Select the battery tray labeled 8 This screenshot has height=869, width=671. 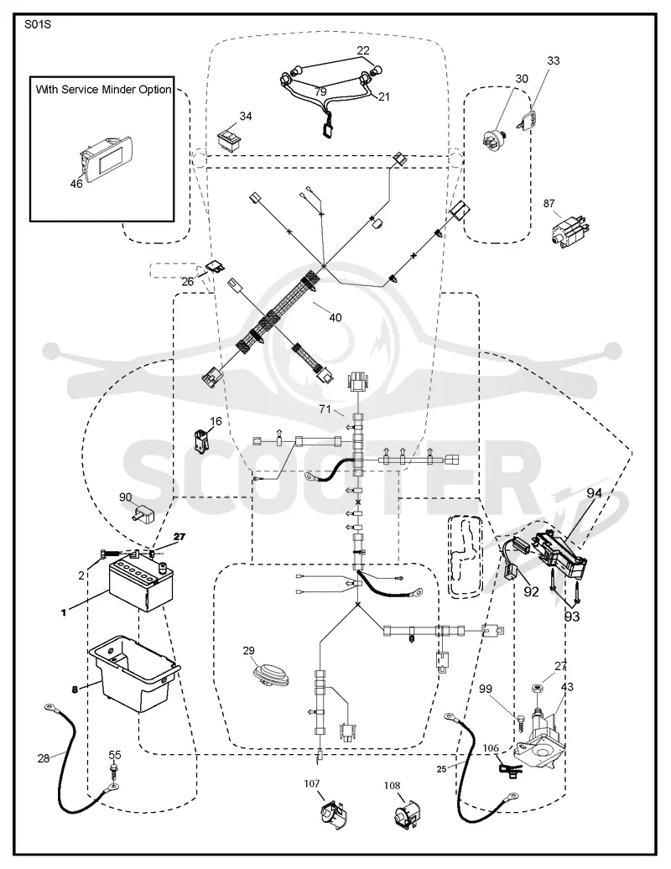point(134,674)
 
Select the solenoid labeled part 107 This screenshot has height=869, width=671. point(332,815)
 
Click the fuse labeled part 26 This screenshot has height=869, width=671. point(215,267)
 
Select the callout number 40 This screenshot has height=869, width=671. point(335,318)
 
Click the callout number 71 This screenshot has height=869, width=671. point(325,409)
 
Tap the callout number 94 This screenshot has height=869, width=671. point(594,492)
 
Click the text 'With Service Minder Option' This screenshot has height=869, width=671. point(104,89)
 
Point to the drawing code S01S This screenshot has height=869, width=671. point(38,25)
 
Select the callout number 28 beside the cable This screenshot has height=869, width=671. point(44,758)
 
